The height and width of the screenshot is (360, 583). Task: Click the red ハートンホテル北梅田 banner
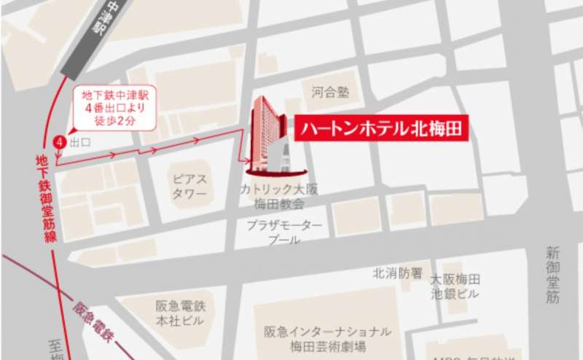380,129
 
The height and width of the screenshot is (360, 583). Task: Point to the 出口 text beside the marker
79,143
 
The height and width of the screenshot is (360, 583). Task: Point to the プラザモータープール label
284,232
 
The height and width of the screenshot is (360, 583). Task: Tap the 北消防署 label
397,273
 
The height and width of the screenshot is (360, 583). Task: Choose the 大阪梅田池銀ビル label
455,286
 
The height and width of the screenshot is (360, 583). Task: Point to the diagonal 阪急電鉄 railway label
95,308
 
